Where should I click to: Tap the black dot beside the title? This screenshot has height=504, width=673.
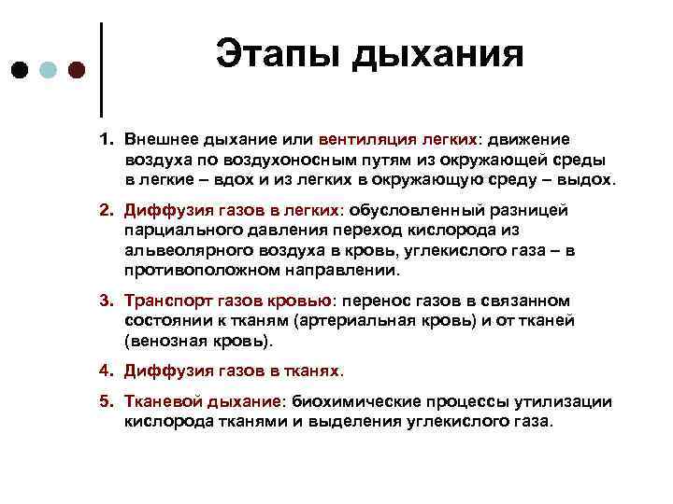20,71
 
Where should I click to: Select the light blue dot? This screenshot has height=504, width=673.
48,71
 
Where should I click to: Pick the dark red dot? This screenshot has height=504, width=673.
76,71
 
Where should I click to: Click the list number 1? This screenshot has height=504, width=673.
107,138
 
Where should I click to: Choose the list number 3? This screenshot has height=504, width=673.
107,301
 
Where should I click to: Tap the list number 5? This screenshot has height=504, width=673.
107,401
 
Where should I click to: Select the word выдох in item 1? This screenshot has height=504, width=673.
589,179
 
